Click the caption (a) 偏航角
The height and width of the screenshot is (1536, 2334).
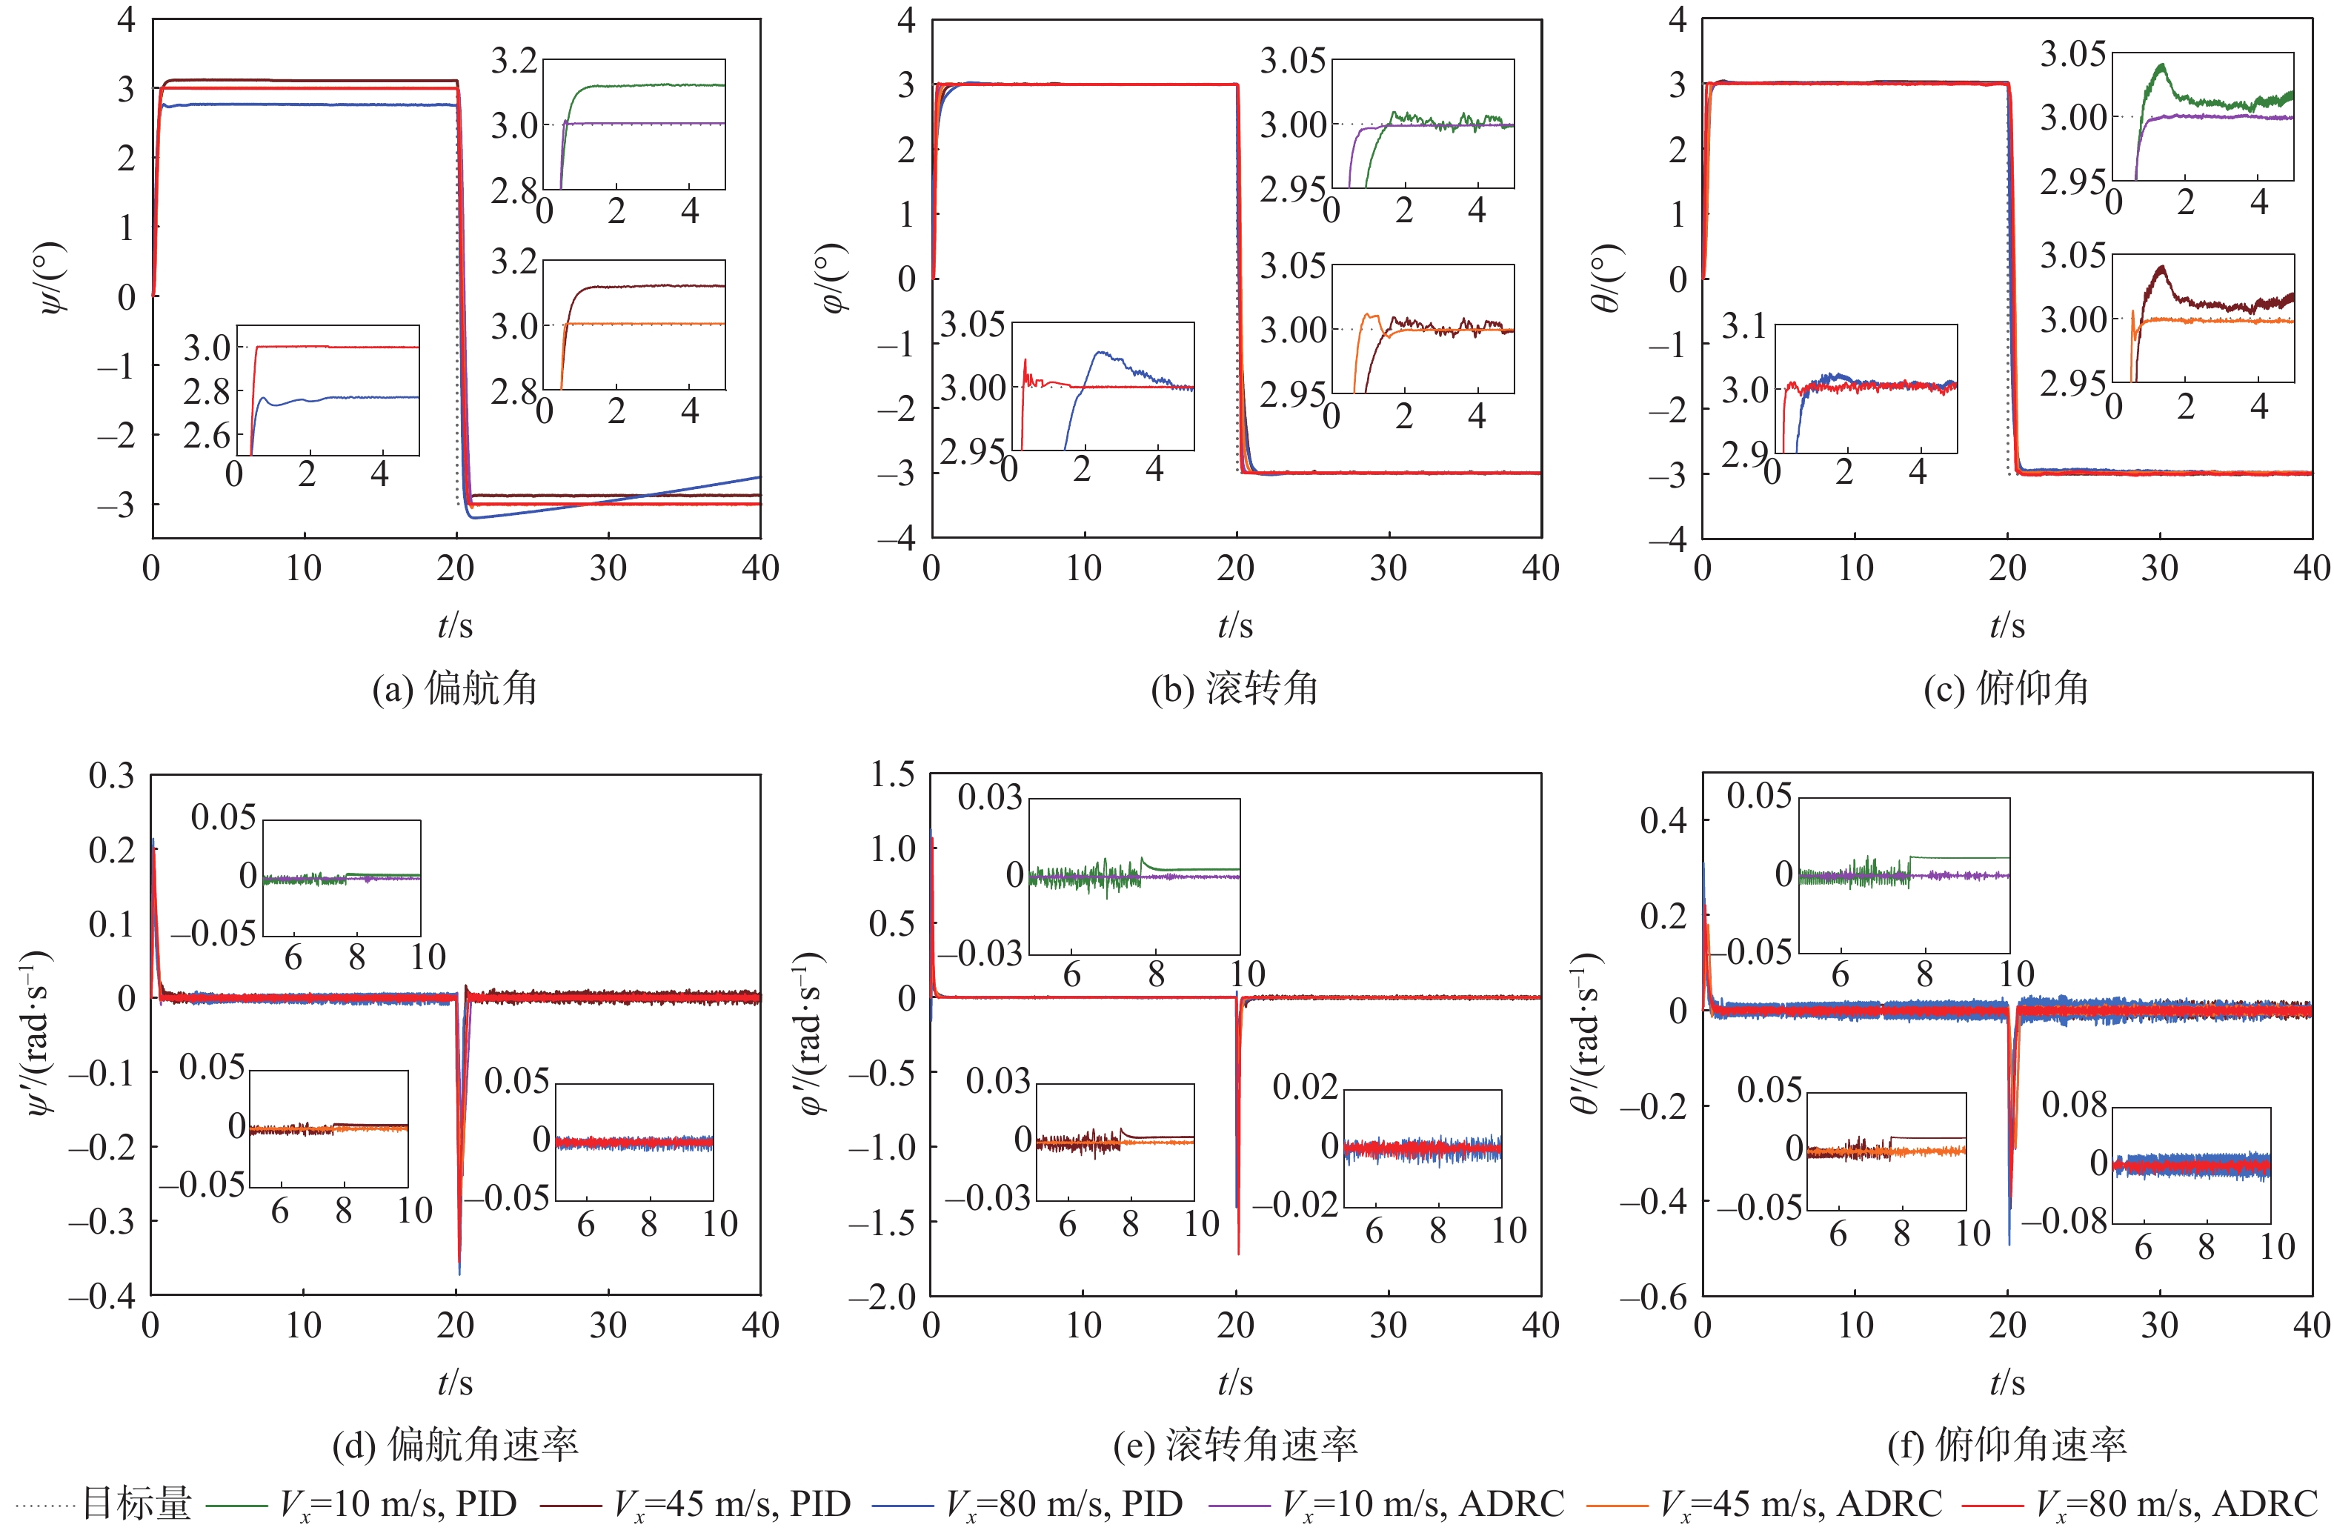(454, 688)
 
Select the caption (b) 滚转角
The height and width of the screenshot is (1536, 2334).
(1234, 688)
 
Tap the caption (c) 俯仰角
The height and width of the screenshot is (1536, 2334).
(2006, 688)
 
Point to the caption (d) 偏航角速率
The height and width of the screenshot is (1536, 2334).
(455, 1445)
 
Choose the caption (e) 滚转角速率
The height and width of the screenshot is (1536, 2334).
(1234, 1445)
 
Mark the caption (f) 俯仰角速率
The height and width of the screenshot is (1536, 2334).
(2006, 1445)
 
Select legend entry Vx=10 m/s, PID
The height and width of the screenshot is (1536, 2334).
(398, 1503)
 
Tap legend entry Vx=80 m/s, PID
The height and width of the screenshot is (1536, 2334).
(1064, 1503)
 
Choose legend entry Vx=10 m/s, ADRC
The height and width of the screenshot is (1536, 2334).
(1423, 1503)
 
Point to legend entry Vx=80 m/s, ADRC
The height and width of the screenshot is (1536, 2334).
(2176, 1503)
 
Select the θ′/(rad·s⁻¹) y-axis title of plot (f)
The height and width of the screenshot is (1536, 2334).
(1586, 1033)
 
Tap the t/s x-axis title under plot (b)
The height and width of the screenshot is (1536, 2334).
(1234, 625)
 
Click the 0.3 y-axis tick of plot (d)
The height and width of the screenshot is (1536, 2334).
(112, 775)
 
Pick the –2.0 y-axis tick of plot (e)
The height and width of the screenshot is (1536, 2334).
(882, 1297)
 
